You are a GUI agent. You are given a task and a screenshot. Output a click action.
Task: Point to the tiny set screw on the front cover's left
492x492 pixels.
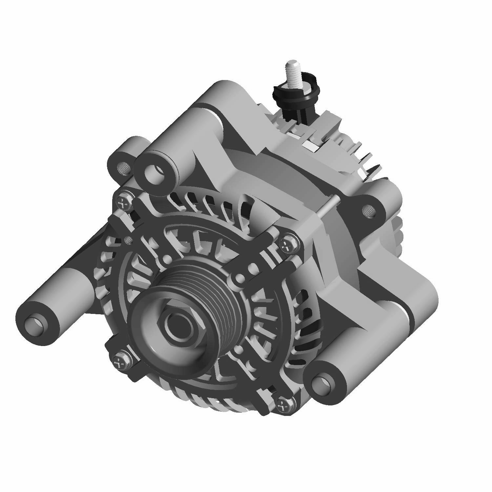click(129, 241)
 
